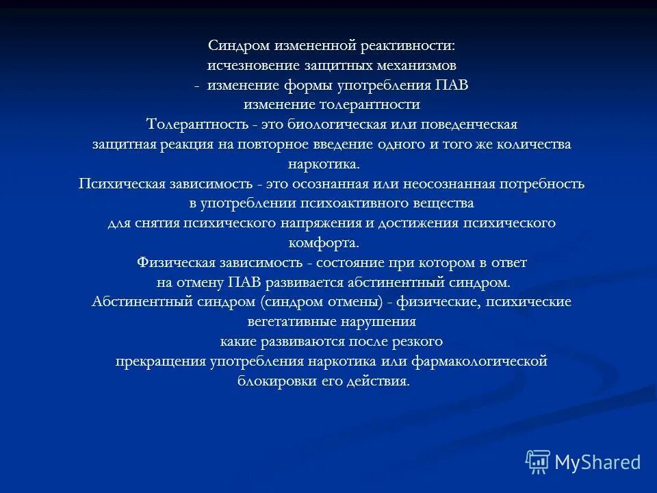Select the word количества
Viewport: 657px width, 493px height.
pos(532,145)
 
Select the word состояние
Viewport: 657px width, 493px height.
pos(352,263)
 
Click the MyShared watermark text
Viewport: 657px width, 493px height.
pos(597,463)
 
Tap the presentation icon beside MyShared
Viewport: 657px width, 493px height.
pos(538,462)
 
